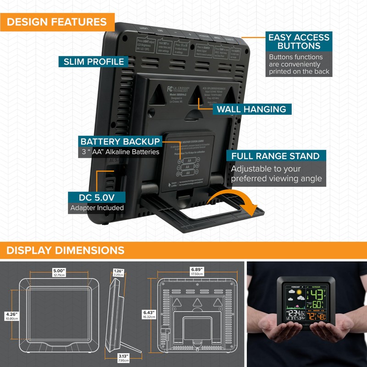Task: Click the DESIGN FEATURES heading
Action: click(x=57, y=22)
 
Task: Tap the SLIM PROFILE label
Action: click(x=94, y=61)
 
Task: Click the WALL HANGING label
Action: click(x=251, y=109)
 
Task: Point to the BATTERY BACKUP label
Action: click(x=120, y=141)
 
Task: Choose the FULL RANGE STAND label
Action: click(x=275, y=156)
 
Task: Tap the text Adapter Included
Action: click(x=97, y=208)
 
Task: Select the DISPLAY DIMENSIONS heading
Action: click(x=66, y=250)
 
